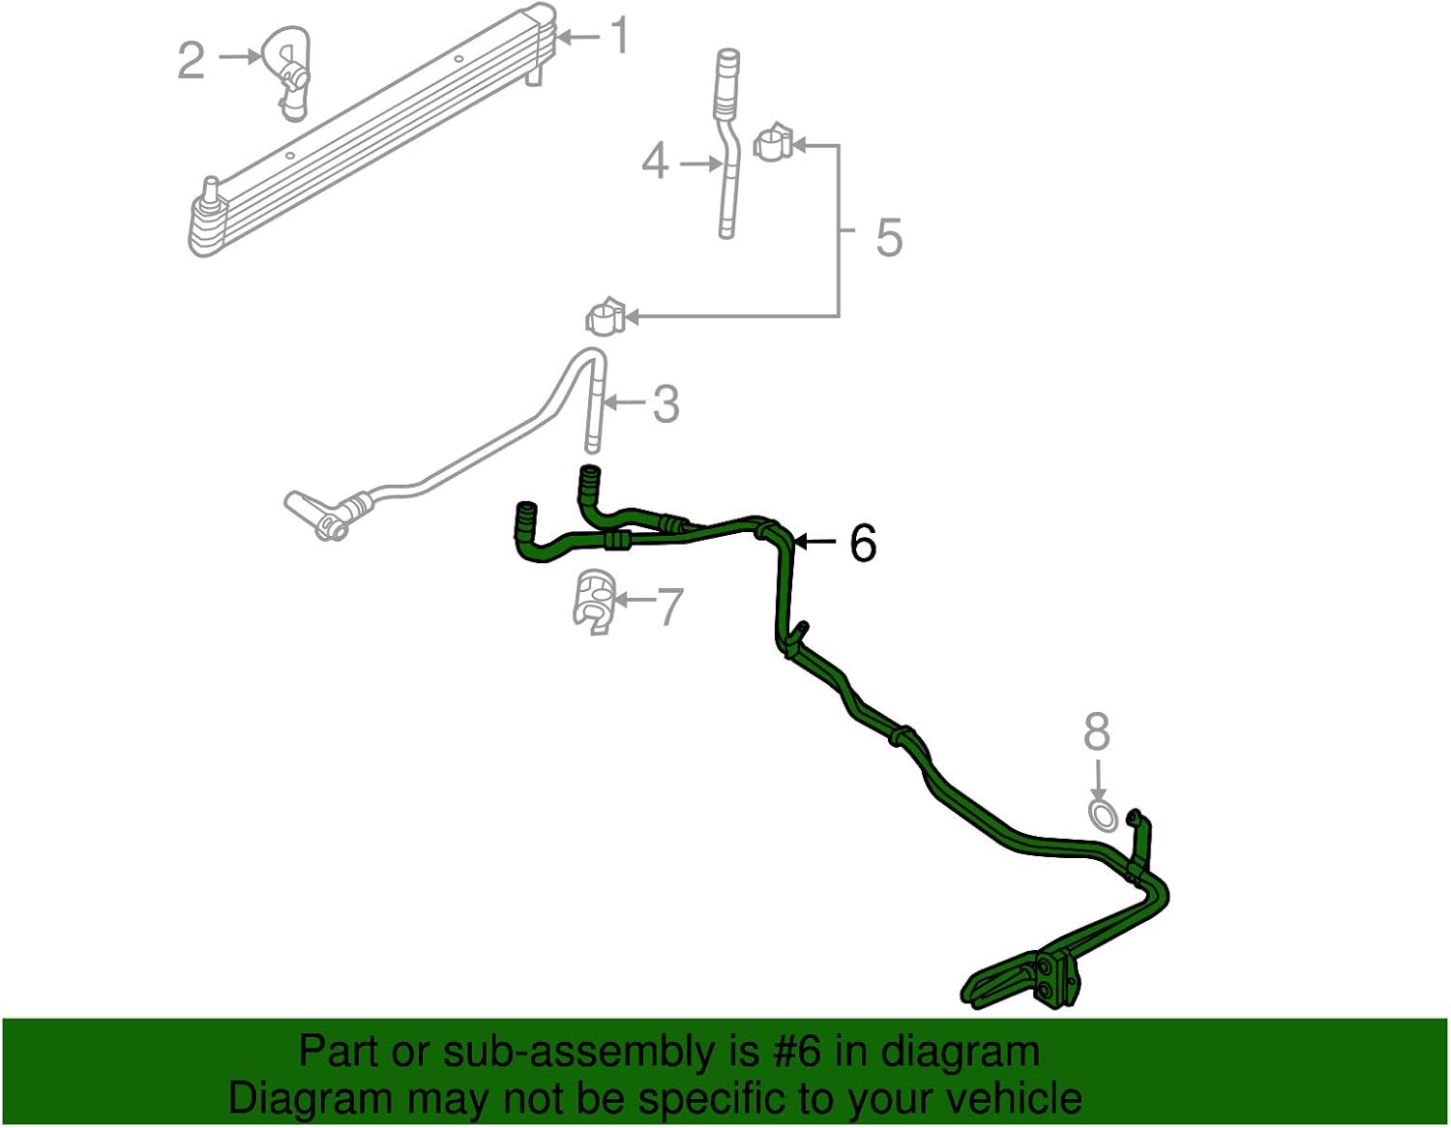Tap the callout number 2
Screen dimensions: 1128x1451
192,60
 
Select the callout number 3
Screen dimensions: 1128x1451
666,404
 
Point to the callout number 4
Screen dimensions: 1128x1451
655,162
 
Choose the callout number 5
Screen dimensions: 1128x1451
889,237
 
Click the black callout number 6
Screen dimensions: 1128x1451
863,543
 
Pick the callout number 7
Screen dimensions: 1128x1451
669,607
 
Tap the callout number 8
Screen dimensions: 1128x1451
1096,732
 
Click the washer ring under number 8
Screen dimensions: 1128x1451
1102,815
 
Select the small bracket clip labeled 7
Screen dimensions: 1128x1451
593,603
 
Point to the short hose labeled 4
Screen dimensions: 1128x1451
727,145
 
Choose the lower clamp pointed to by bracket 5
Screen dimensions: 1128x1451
604,315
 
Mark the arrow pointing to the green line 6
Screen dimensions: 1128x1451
817,543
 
